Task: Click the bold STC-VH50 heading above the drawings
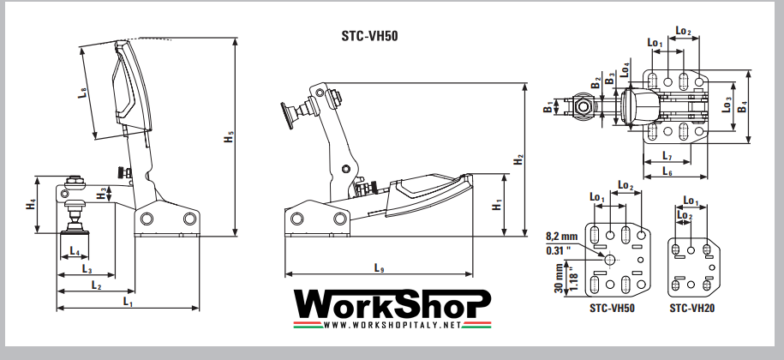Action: pos(369,36)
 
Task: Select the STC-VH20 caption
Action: pos(691,307)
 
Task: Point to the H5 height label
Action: pos(229,139)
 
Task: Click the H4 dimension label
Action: pos(31,204)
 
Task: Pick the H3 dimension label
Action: pos(102,195)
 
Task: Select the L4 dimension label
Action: pos(75,253)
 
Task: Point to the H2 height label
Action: pos(518,160)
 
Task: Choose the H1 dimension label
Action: pos(497,206)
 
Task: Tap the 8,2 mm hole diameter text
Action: pos(561,235)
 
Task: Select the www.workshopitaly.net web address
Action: pos(393,325)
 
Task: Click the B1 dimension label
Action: pos(547,108)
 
